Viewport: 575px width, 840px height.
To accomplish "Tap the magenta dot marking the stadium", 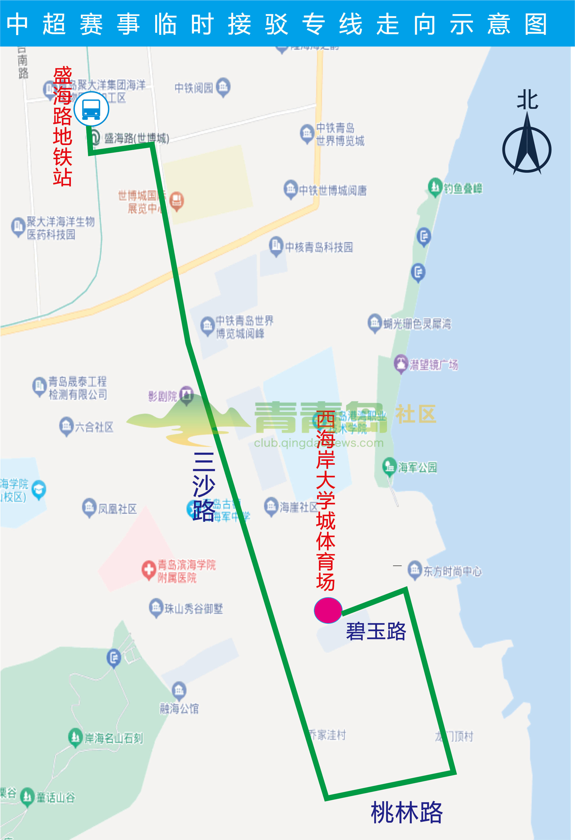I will pyautogui.click(x=328, y=610).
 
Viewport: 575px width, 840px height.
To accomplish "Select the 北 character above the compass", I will pyautogui.click(x=527, y=100).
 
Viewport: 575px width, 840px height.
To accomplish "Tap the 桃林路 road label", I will pyautogui.click(x=407, y=813).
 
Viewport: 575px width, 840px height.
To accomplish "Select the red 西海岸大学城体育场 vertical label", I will pyautogui.click(x=325, y=500).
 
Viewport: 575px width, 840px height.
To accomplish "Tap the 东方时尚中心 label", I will pyautogui.click(x=452, y=571).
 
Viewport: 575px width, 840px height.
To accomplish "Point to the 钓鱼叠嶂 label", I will pyautogui.click(x=463, y=188).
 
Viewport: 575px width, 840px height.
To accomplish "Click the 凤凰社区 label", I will pyautogui.click(x=117, y=509).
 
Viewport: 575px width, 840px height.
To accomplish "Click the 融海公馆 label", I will pyautogui.click(x=179, y=708).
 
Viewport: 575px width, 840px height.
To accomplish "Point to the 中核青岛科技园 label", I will pyautogui.click(x=319, y=247).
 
